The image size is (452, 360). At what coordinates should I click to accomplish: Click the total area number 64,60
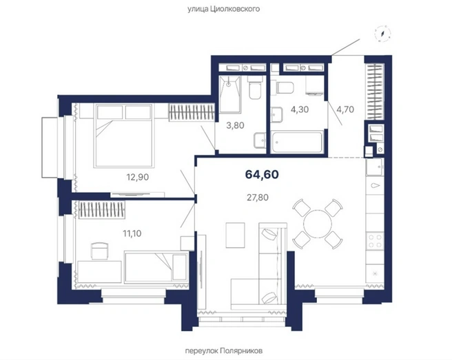tap(262, 175)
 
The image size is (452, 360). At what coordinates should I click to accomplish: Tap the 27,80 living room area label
tap(258, 198)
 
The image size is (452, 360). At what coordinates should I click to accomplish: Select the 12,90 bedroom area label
tap(138, 177)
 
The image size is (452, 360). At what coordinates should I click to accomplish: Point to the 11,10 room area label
tap(132, 233)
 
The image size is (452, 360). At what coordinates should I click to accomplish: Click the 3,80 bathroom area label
tap(235, 125)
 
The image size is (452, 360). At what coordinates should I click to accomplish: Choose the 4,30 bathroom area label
tap(300, 109)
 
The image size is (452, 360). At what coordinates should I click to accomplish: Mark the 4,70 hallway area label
tap(345, 109)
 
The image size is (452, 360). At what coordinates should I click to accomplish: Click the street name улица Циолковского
tap(224, 9)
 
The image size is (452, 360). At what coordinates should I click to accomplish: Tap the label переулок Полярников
tap(224, 351)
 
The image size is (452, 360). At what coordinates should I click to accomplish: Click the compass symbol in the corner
tap(383, 34)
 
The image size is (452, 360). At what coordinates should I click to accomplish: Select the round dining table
tap(318, 224)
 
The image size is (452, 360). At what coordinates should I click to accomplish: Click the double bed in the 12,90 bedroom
tap(123, 136)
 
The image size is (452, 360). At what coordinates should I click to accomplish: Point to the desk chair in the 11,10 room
tap(100, 251)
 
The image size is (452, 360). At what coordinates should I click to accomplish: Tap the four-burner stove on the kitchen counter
tap(375, 242)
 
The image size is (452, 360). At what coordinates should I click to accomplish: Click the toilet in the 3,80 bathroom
tap(255, 87)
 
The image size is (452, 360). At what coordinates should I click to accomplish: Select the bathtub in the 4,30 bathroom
tap(297, 141)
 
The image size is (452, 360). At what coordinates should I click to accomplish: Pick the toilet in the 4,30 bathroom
tap(283, 88)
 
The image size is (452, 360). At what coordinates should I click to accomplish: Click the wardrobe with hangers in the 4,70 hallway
tap(375, 92)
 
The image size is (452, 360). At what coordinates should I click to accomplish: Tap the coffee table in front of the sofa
tap(236, 235)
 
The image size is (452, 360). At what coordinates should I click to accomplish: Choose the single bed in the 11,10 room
tap(156, 266)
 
